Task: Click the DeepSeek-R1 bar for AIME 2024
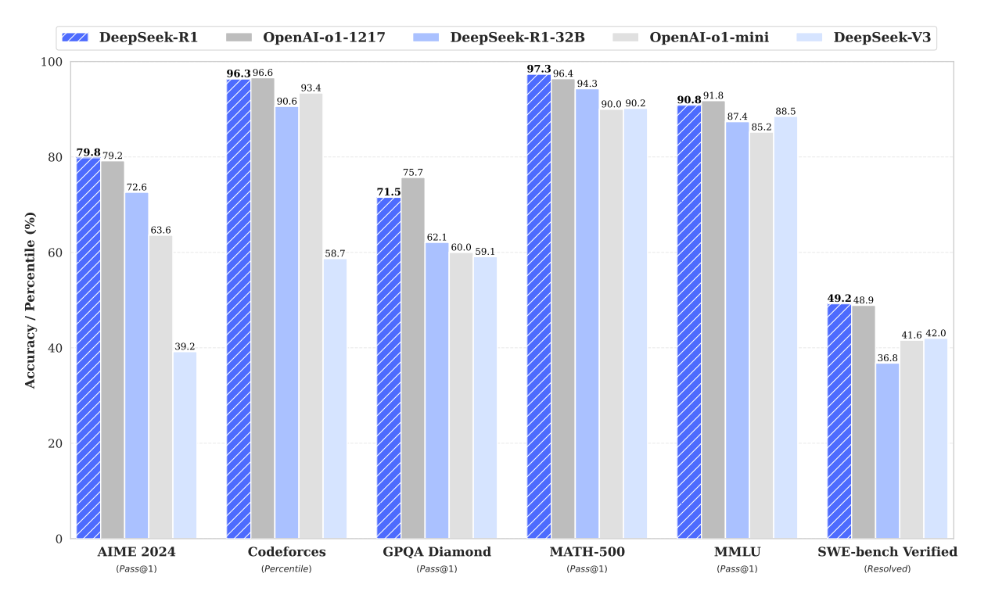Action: [88, 348]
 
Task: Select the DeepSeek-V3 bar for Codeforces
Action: [335, 399]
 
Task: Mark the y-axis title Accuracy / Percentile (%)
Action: [30, 300]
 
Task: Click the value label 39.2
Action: [185, 346]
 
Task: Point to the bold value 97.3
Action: [538, 69]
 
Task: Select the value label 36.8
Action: [887, 357]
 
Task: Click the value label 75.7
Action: [412, 172]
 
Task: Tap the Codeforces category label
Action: [286, 552]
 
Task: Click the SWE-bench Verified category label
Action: [887, 552]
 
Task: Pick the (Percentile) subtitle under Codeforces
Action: [286, 568]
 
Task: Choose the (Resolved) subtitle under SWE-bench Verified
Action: [887, 568]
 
